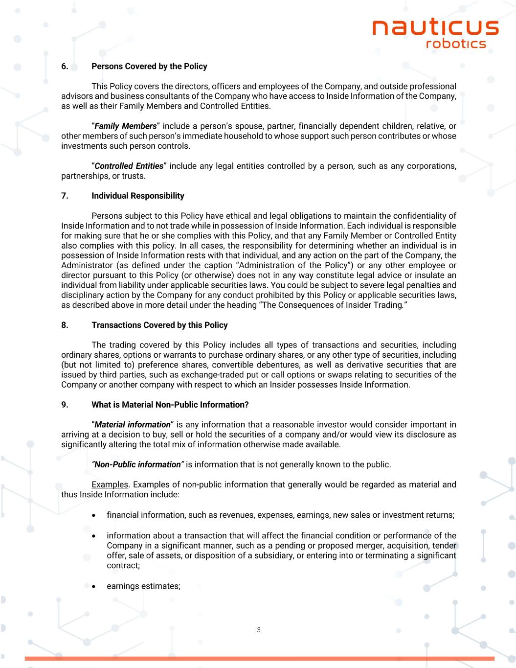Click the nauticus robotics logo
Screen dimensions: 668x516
435,33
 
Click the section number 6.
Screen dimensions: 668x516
64,66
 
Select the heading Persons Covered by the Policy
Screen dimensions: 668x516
149,66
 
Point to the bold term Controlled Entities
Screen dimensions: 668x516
129,166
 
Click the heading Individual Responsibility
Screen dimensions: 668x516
137,196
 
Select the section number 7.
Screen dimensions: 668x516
64,196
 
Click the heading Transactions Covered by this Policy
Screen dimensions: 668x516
159,325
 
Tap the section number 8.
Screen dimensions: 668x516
64,325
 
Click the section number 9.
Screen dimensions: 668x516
64,405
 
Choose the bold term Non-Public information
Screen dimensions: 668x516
137,464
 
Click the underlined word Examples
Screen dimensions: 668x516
110,484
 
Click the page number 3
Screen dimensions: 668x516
258,630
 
